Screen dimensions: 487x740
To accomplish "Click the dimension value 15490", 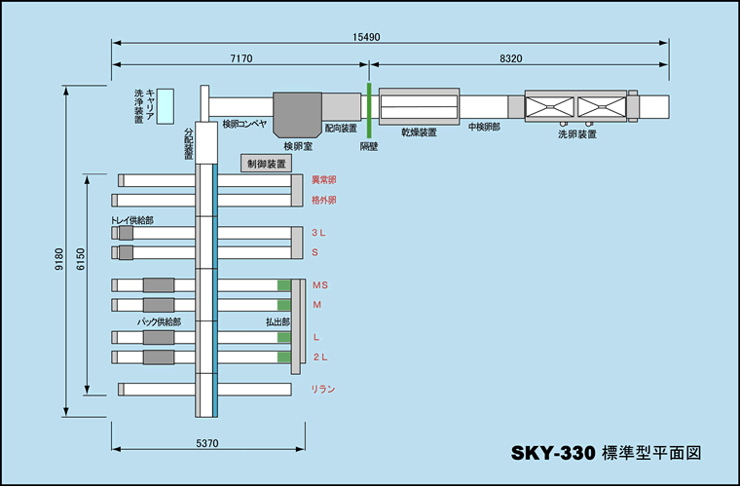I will tap(366, 36).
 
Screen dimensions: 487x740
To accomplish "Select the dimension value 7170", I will tap(240, 59).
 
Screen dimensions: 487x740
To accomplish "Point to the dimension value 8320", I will tap(510, 59).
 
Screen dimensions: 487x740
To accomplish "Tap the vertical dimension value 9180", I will tap(58, 258).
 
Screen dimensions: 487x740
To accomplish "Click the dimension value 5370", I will tap(207, 443).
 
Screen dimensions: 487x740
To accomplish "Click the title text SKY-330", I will tap(553, 453).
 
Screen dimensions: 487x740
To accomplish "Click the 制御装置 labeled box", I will tap(266, 164).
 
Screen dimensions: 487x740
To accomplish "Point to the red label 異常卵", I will tap(324, 180).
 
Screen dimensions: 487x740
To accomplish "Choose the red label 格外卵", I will tap(324, 200).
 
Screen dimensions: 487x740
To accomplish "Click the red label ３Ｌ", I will tap(319, 234).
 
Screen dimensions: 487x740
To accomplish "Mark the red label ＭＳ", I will tap(321, 284).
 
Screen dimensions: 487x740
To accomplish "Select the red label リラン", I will tap(323, 390).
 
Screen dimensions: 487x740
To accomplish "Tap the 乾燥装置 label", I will tap(419, 131).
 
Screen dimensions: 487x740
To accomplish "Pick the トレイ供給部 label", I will tap(132, 221).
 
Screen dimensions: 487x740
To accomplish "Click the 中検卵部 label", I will tap(484, 127).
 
